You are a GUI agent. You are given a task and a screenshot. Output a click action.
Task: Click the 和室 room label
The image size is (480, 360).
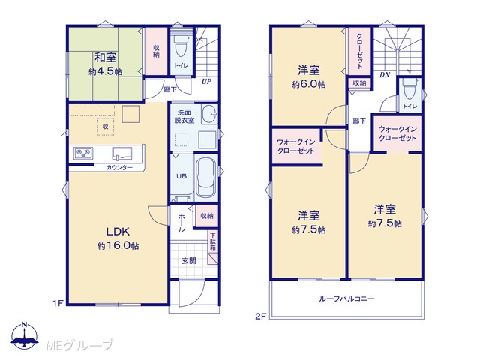[x=105, y=57]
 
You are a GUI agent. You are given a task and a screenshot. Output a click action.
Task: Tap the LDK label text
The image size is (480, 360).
[x=118, y=232]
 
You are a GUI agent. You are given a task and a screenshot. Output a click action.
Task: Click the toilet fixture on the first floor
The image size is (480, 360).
[x=181, y=45]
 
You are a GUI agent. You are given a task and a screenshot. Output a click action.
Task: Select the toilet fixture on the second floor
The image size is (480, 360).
[x=410, y=88]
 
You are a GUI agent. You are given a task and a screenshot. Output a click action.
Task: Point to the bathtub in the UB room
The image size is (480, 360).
[x=206, y=178]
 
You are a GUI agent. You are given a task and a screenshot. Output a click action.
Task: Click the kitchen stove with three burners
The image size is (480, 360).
[x=83, y=152]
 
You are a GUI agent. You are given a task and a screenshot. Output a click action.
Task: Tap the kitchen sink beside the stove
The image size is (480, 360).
[x=121, y=153]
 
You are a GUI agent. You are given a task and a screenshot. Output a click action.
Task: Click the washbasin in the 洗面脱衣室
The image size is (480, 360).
[x=210, y=113]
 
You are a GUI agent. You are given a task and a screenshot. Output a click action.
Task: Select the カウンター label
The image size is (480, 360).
[x=119, y=168]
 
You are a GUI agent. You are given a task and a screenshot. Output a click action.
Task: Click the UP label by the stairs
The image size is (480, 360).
[x=207, y=82]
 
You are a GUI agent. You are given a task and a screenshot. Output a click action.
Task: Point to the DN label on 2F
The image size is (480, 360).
[x=385, y=74]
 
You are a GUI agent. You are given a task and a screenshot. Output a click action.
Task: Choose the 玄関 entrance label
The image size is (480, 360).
[x=189, y=261]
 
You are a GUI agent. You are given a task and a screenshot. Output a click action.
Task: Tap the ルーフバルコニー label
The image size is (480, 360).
[x=346, y=298]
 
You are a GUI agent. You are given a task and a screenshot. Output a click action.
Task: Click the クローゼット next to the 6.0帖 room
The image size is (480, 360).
[x=359, y=51]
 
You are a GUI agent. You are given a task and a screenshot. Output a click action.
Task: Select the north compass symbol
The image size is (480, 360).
[x=25, y=335]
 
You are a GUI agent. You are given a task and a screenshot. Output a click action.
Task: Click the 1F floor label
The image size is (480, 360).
[x=58, y=303]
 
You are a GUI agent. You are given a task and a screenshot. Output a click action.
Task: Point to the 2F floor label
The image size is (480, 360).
[x=260, y=316]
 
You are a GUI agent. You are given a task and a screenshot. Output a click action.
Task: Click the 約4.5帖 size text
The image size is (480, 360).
[x=106, y=72]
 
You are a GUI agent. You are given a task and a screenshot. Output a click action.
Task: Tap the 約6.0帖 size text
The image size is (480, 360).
[x=308, y=84]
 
